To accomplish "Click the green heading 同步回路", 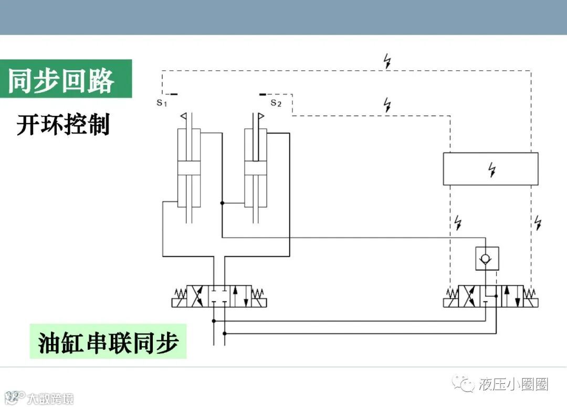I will [x=61, y=80].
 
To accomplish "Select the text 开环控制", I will [x=63, y=125].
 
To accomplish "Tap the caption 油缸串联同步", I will [x=109, y=343].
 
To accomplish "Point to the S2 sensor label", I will [x=276, y=103].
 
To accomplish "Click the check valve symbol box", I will [x=487, y=259].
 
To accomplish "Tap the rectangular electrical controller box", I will [x=490, y=169].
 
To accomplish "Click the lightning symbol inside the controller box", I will [x=491, y=169].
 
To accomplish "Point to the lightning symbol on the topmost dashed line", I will [x=387, y=61].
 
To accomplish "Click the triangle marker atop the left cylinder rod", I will [x=185, y=116].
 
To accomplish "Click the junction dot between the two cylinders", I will [x=222, y=203].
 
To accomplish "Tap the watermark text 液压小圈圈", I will [x=513, y=384].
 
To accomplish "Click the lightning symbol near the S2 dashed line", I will [x=387, y=105].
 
